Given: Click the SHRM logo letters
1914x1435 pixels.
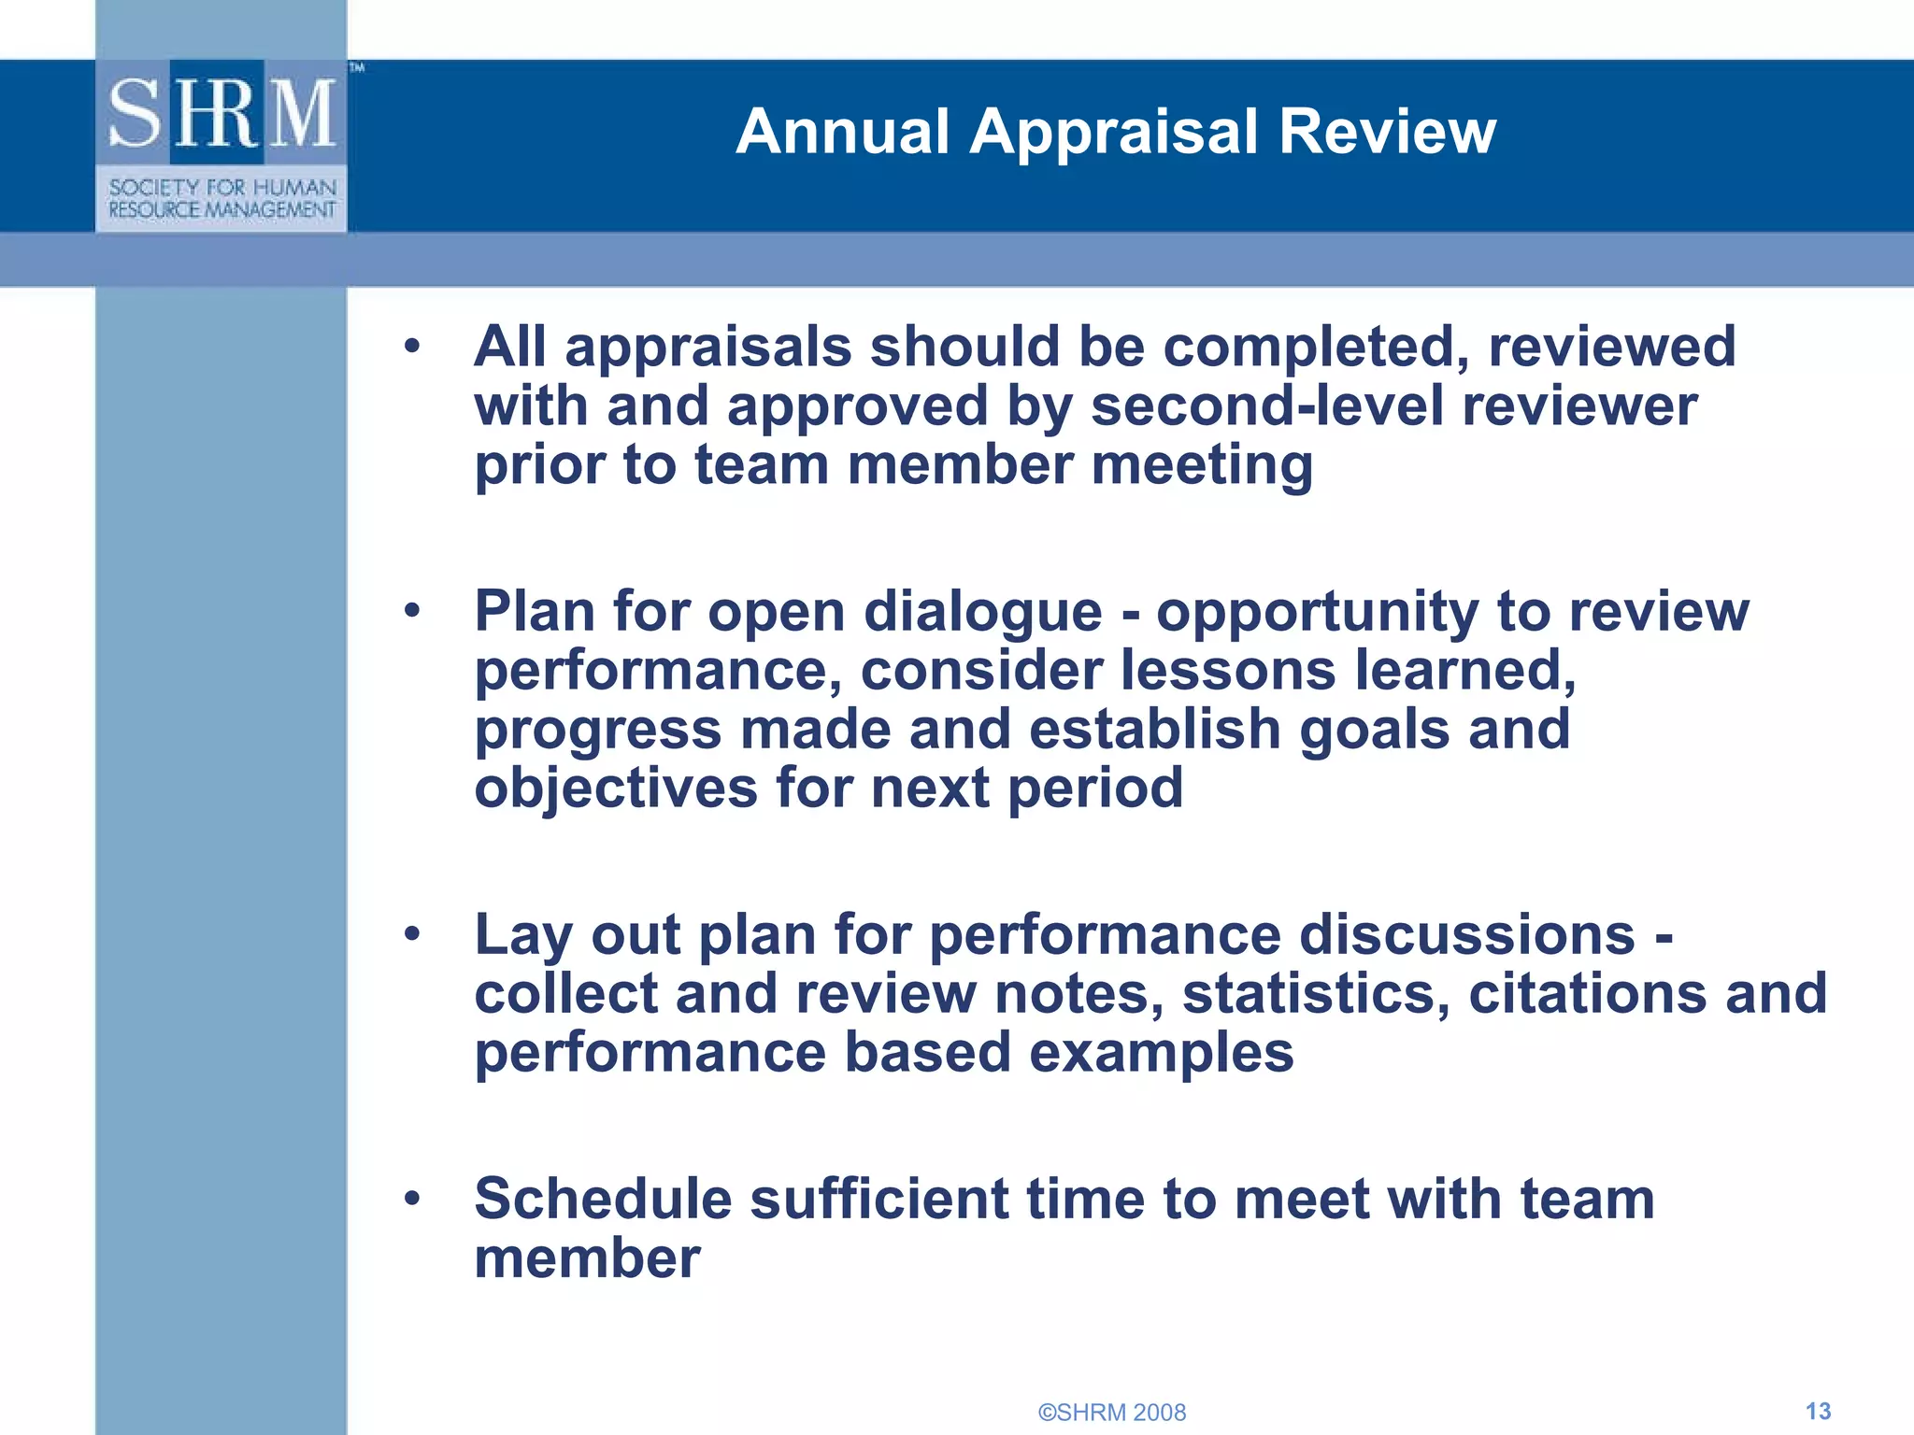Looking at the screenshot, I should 221,113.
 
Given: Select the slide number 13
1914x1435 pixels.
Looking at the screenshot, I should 1818,1411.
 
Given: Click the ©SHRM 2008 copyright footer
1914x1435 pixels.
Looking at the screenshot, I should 1112,1412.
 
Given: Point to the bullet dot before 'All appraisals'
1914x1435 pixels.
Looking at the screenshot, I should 412,348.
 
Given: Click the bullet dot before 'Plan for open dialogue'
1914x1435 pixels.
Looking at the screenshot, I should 412,612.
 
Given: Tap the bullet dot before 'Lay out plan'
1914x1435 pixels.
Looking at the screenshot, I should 412,934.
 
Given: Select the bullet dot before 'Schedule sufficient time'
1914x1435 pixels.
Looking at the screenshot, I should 412,1199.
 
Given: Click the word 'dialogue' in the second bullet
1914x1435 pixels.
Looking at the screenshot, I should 982,613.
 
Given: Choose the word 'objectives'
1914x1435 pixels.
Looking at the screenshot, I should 616,788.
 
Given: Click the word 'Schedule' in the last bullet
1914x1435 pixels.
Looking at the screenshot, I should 603,1199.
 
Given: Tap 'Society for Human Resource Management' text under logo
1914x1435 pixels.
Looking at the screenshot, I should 221,199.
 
